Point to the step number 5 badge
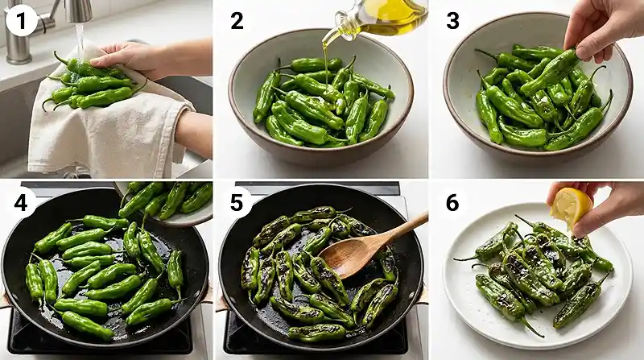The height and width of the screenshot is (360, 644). pos(237,204)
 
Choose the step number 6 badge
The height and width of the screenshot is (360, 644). pos(452,204)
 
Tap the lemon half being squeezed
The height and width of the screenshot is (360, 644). pos(570,208)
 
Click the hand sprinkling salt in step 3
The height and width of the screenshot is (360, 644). pos(600,28)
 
